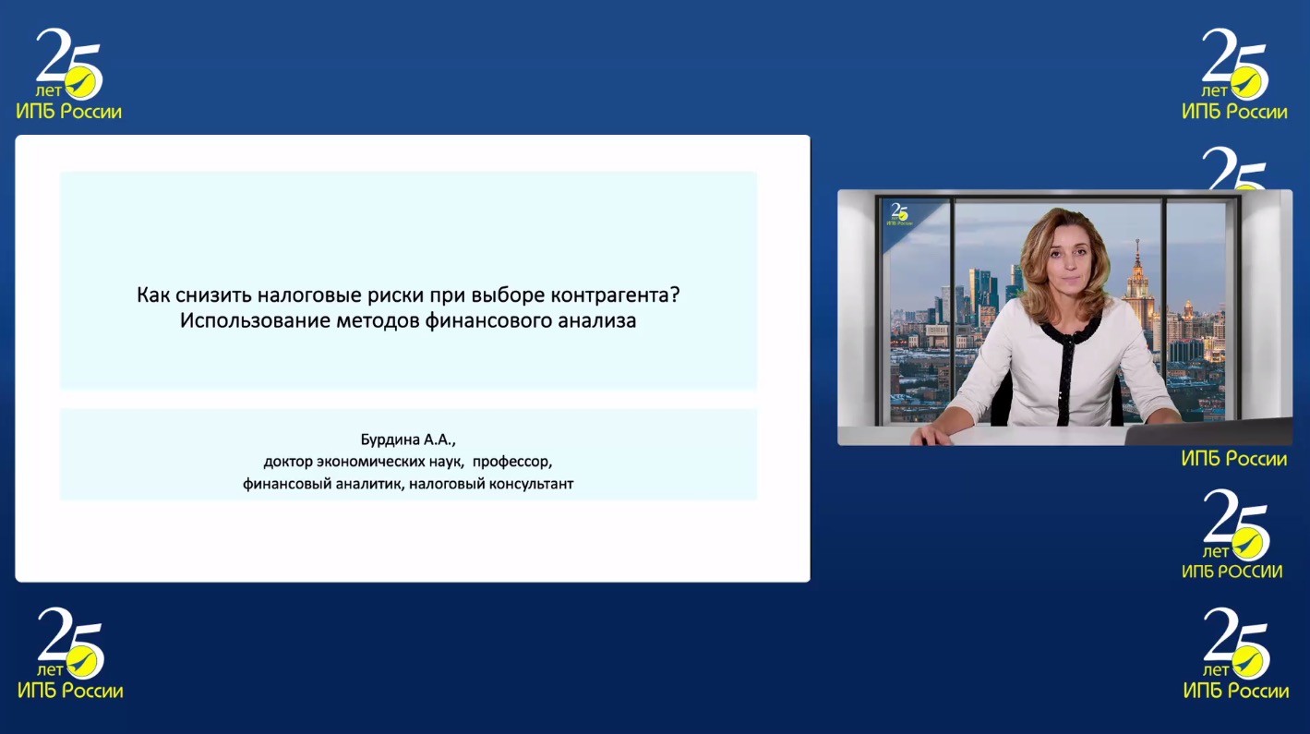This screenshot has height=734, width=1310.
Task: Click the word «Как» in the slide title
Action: click(154, 295)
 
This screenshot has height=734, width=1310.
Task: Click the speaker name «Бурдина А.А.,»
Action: click(408, 439)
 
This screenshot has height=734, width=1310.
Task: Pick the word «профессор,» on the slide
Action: click(512, 462)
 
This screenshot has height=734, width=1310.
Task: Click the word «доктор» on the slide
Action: click(288, 462)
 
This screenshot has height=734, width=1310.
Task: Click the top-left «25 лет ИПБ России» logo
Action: click(69, 74)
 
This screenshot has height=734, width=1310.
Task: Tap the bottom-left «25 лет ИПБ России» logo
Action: click(70, 654)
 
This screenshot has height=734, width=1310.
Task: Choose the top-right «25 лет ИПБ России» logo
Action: click(1234, 74)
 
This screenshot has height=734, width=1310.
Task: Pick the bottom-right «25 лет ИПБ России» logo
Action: click(1236, 654)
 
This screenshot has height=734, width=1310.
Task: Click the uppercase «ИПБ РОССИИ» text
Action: click(1232, 571)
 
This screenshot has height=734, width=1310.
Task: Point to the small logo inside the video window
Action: click(899, 214)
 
